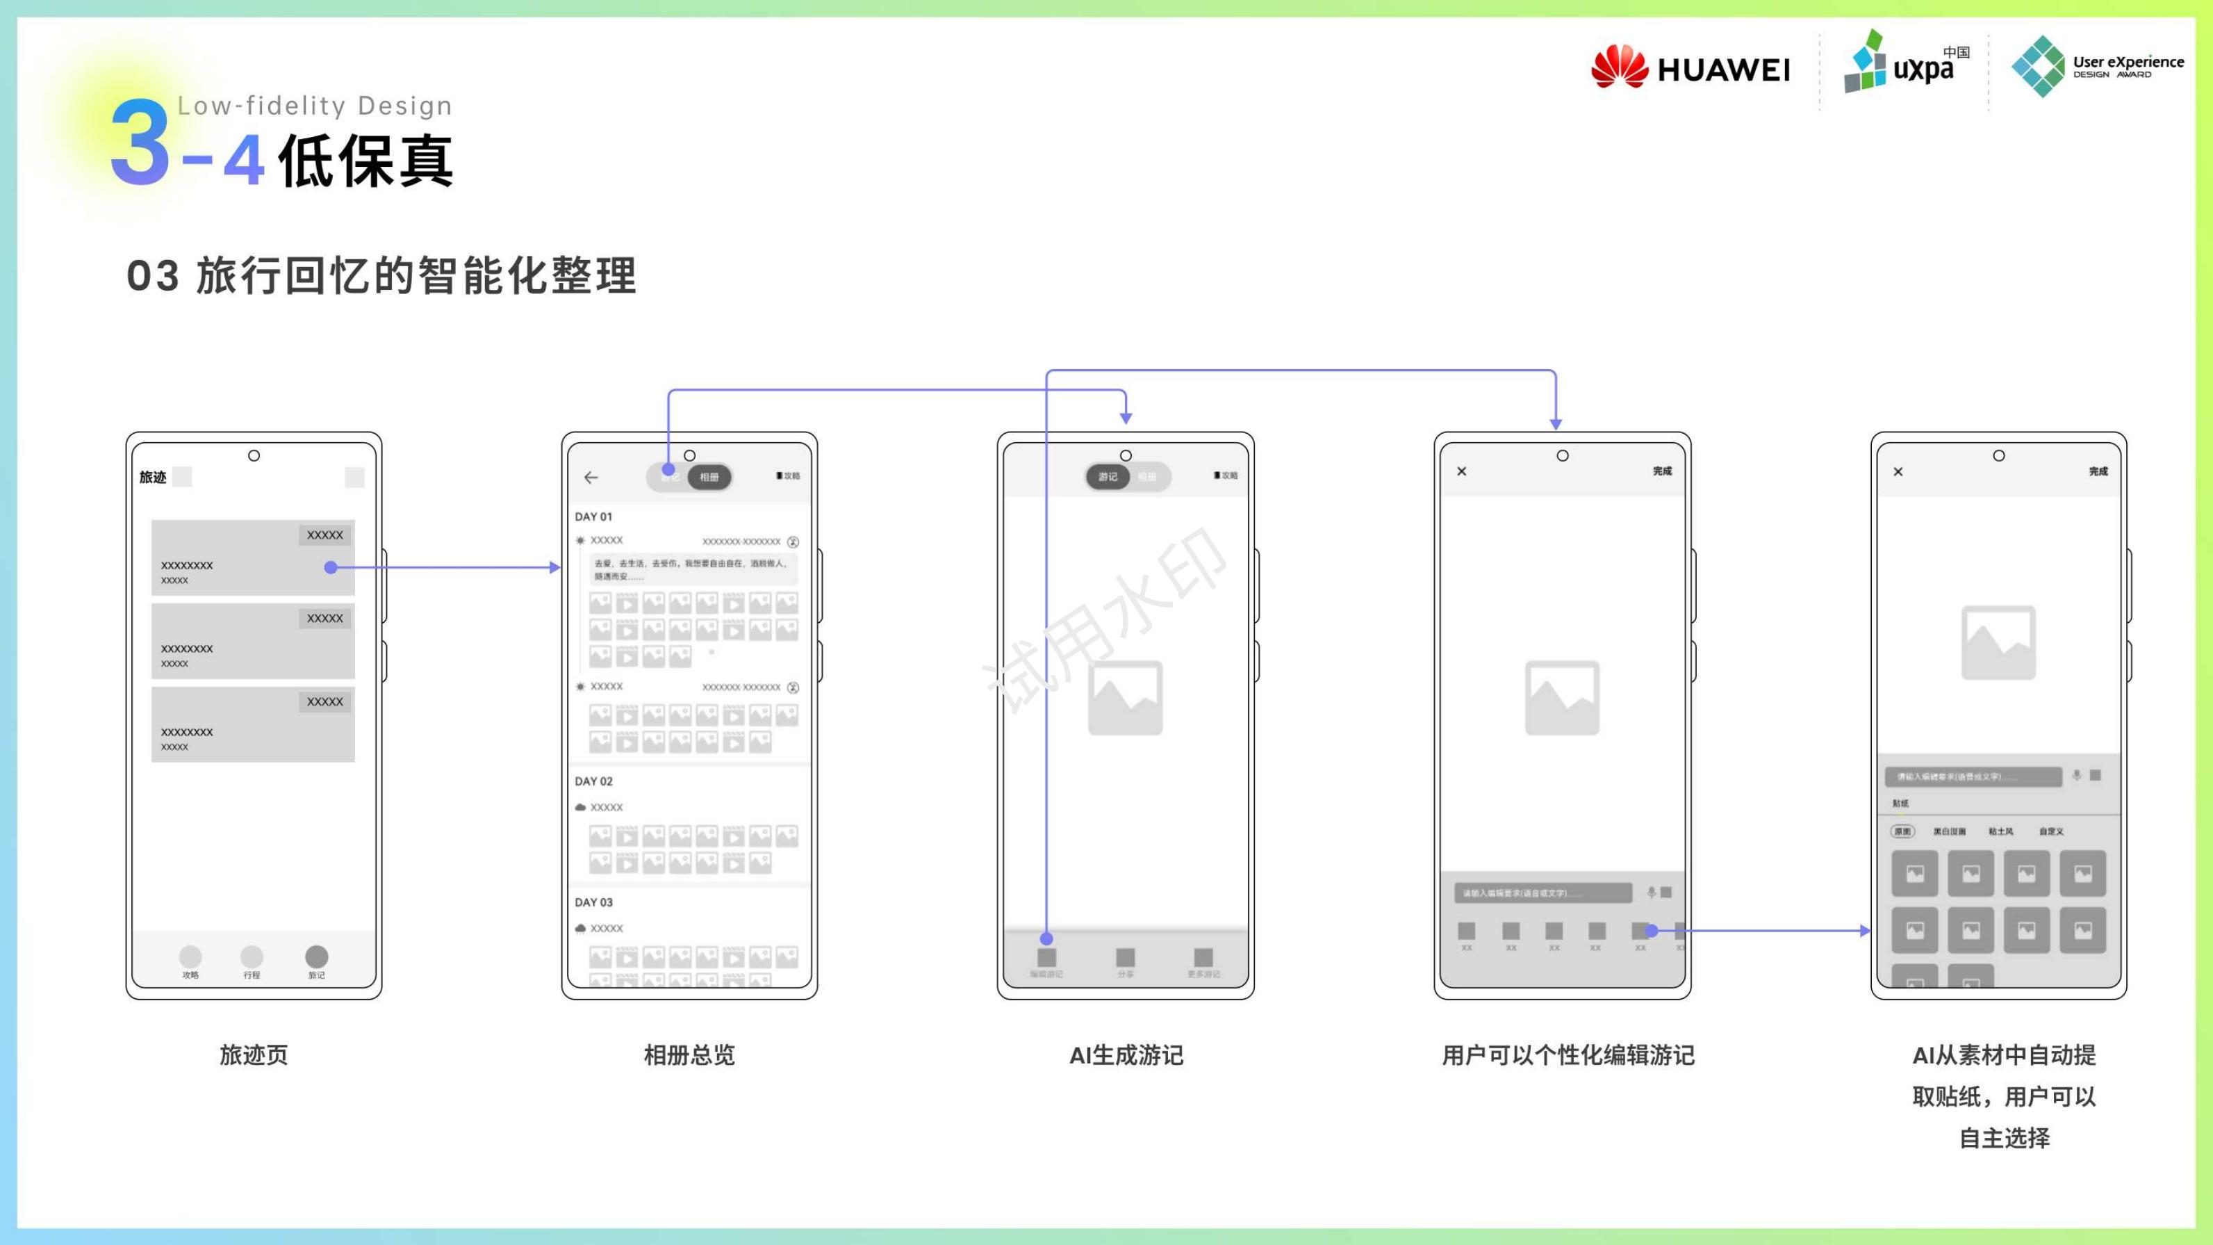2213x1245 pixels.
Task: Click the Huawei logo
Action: (1690, 67)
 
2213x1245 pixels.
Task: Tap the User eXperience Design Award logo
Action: (2097, 66)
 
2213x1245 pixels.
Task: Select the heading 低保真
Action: (365, 161)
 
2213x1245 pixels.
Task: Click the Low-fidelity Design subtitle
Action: (315, 106)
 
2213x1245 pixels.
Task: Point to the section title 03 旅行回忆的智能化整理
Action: (381, 276)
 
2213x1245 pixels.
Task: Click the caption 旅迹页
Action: (254, 1055)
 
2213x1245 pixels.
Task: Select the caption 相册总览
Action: (689, 1055)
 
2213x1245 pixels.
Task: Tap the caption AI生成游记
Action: (1126, 1055)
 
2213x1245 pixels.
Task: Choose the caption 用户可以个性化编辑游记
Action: (1568, 1055)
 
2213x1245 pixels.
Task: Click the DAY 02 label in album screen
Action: (593, 781)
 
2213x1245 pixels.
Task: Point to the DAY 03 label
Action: (593, 902)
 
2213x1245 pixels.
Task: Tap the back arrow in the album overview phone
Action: (591, 478)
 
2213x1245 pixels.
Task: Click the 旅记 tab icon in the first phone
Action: (316, 957)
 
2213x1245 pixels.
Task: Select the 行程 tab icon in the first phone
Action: (252, 957)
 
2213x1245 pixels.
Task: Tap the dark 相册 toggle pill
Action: (709, 477)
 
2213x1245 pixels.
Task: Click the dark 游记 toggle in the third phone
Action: (1108, 477)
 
